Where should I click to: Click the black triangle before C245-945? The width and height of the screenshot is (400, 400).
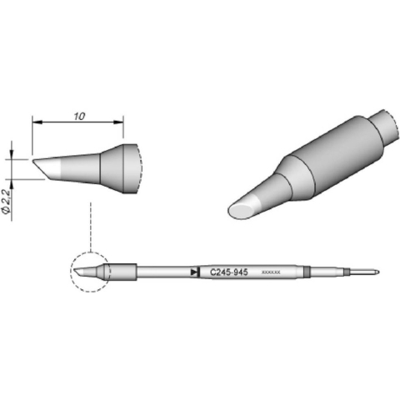[x=194, y=272]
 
